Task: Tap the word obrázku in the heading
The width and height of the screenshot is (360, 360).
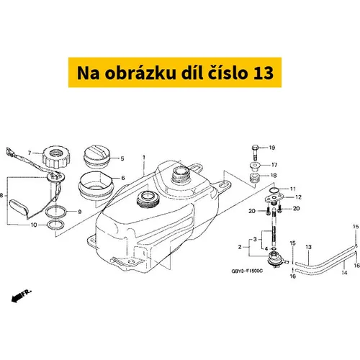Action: pyautogui.click(x=140, y=72)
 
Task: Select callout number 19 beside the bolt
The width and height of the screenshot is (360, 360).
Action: pyautogui.click(x=271, y=148)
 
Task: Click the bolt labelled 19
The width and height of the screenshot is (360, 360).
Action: pyautogui.click(x=255, y=153)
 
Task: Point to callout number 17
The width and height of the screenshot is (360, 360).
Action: pyautogui.click(x=274, y=165)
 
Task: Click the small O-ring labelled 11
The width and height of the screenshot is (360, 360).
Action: pyautogui.click(x=274, y=190)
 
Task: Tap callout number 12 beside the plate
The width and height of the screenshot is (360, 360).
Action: pyautogui.click(x=298, y=197)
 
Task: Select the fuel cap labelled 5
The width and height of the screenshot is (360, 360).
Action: pyautogui.click(x=96, y=156)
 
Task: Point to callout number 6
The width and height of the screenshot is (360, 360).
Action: pyautogui.click(x=123, y=178)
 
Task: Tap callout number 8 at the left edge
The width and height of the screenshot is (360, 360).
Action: pyautogui.click(x=1, y=195)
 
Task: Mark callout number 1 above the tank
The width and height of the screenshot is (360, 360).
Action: pyautogui.click(x=144, y=158)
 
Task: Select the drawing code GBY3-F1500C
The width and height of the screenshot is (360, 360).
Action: pyautogui.click(x=247, y=271)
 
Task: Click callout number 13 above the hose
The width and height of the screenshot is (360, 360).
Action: pyautogui.click(x=308, y=247)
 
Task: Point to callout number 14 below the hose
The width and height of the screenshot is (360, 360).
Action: pyautogui.click(x=344, y=272)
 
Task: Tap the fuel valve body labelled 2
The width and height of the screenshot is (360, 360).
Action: pyautogui.click(x=276, y=259)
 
